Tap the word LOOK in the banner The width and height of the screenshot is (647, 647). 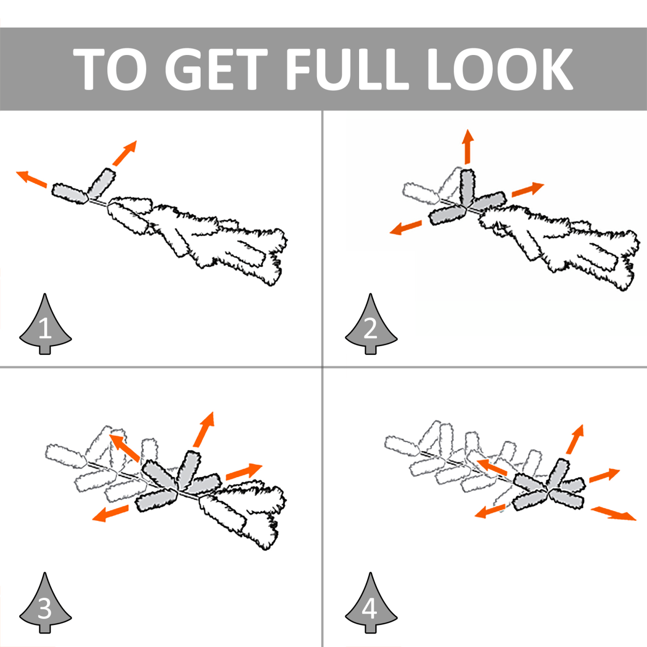[x=500, y=69]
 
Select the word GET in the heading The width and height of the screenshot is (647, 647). [x=216, y=69]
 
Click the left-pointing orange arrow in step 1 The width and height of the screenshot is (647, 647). [x=32, y=179]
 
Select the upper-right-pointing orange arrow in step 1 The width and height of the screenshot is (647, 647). [x=125, y=153]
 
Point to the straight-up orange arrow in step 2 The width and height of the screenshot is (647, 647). [x=467, y=147]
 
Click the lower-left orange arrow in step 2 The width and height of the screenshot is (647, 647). [x=405, y=228]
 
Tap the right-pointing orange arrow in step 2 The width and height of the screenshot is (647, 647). [x=527, y=190]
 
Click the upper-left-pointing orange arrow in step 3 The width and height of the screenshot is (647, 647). [x=124, y=447]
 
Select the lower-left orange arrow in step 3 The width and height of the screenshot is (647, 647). [x=110, y=513]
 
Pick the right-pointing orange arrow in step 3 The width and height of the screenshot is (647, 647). [x=244, y=471]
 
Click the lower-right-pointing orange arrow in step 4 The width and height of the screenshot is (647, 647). [x=614, y=514]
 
